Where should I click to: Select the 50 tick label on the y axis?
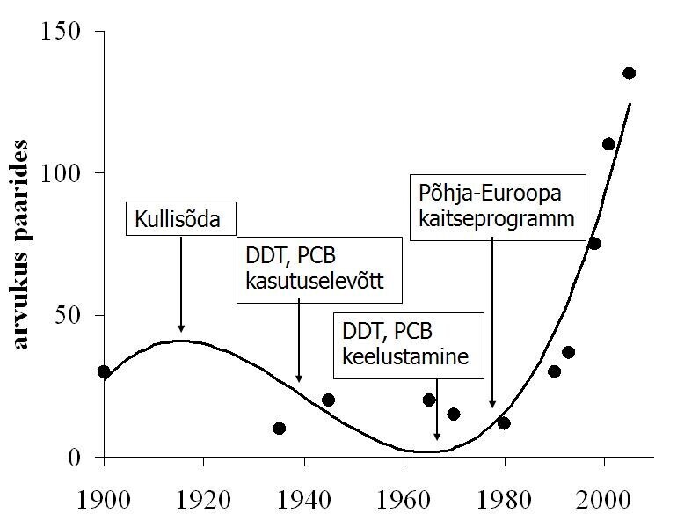69,315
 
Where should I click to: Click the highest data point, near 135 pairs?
629,73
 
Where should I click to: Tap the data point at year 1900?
104,371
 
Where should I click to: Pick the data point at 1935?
279,429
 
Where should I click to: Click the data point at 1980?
504,422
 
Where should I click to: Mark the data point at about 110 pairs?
608,143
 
